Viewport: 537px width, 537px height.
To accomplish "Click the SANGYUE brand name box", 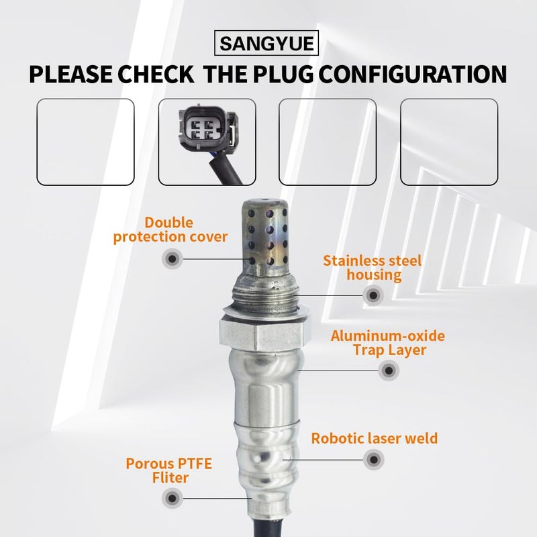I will click(267, 44).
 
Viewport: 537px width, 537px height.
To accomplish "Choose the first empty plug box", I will click(85, 141).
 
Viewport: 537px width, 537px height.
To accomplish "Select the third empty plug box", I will click(328, 141).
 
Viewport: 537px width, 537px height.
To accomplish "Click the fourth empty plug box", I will click(449, 141).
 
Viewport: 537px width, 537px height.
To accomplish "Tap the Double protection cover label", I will click(170, 230).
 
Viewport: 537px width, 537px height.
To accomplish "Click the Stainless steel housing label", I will click(372, 267).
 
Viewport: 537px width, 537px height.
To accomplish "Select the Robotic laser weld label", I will click(375, 439).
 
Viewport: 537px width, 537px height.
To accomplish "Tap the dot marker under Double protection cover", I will click(172, 258).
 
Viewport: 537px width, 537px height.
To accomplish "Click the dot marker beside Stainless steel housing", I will click(372, 294).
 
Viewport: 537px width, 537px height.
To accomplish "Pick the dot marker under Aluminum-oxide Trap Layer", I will click(387, 370).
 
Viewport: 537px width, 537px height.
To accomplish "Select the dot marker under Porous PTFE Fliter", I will click(172, 497).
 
